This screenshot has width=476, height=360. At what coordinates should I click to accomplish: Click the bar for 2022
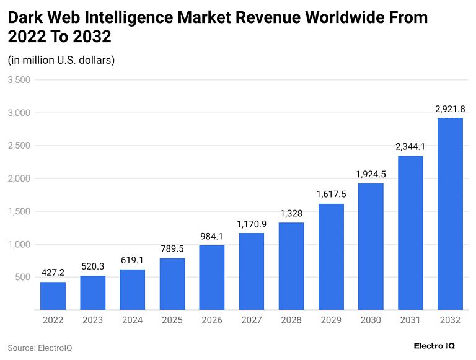pos(53,296)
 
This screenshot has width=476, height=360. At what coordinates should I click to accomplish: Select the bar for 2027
pos(251,271)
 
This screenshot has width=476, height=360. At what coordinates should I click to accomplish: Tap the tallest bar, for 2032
pos(450,213)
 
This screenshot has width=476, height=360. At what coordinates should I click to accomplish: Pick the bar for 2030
pos(371,246)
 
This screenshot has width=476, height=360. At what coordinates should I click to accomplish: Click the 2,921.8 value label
pos(450,109)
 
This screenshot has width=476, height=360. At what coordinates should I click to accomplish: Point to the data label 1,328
pos(291,214)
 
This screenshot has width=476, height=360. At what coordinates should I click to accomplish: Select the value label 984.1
pos(212,236)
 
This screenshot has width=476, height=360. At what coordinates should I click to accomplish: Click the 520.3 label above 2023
pos(92,266)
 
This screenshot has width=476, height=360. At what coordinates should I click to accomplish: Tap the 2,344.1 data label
pos(410,147)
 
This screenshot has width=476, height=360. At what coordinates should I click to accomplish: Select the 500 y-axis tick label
pos(23,278)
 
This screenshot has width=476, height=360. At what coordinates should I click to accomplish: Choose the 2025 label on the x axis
pos(172,320)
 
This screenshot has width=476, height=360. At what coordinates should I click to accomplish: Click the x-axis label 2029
pos(331,320)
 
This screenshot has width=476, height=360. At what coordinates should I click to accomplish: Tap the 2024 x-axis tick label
pos(132,320)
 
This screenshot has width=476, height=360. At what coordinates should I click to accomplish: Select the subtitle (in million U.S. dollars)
pos(61,60)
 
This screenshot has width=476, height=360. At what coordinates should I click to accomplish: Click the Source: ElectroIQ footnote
pos(40,348)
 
